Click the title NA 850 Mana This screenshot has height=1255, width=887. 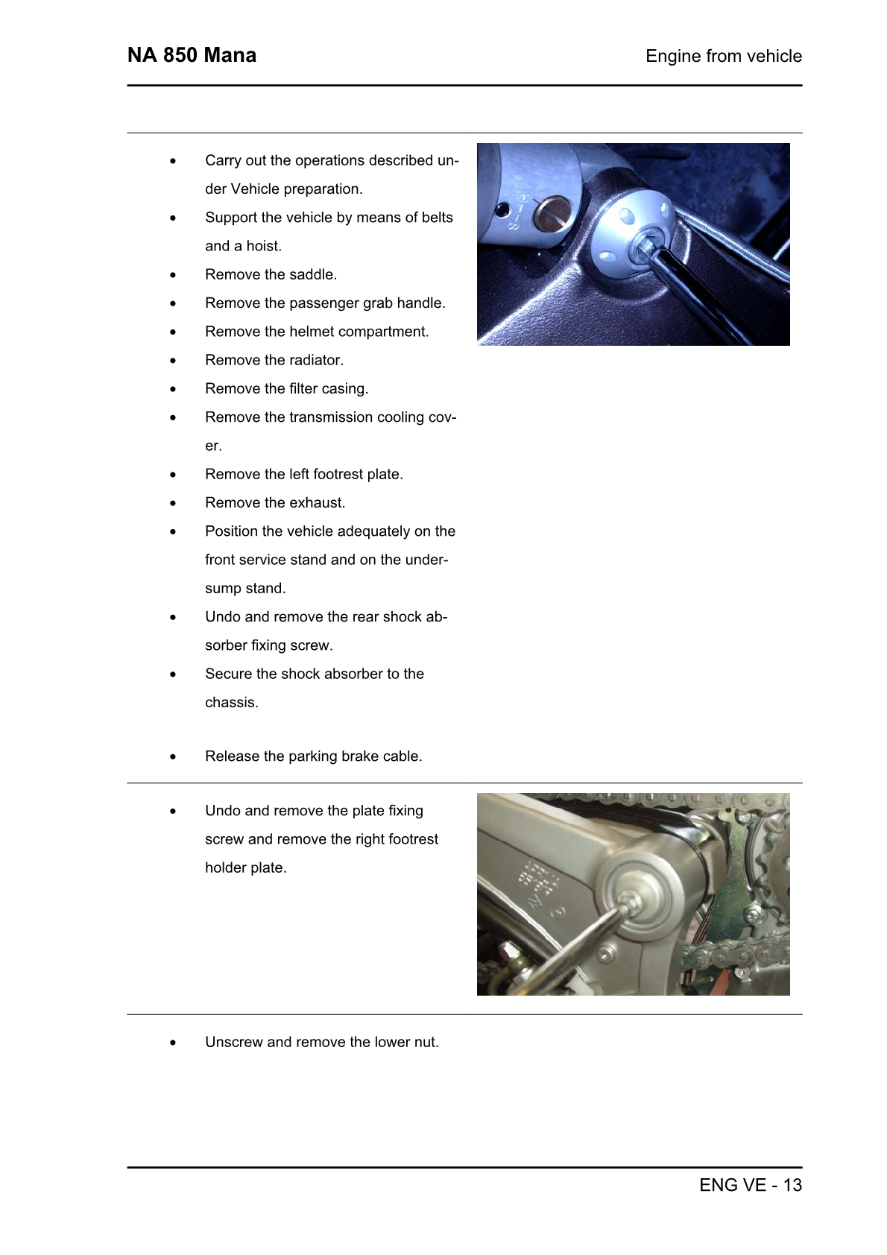coord(192,55)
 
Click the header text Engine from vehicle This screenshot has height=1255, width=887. coord(723,56)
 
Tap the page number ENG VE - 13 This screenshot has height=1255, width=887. coord(750,1185)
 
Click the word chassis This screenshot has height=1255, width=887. coord(231,703)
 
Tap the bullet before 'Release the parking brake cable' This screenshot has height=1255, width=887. coord(173,757)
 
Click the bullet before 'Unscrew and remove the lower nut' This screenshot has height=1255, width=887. coord(173,1043)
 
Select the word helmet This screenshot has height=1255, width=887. coord(312,332)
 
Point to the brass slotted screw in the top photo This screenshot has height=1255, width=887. coord(552,214)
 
